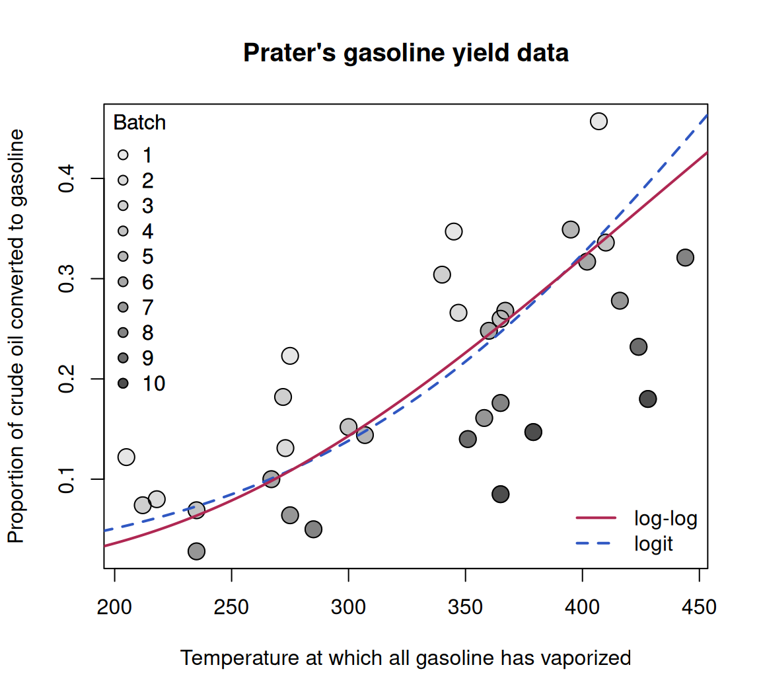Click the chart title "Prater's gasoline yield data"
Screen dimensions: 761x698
pos(406,53)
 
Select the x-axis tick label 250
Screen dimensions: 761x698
pos(231,607)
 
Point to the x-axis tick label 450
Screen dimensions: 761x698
pos(699,607)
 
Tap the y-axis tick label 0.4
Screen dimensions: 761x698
pos(66,178)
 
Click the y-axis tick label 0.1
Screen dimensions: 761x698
pos(66,479)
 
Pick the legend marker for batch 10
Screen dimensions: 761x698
pos(124,383)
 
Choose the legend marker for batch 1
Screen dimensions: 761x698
pos(124,155)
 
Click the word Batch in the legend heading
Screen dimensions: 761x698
pos(139,122)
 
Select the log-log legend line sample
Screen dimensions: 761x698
pos(596,518)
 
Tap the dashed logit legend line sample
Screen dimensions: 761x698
pos(596,543)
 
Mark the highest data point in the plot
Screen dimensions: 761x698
pos(599,121)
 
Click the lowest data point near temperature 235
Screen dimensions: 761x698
pos(196,551)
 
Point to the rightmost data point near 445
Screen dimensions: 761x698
pos(685,257)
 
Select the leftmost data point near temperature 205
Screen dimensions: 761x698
pos(126,457)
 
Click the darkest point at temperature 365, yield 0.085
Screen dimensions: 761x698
pos(500,494)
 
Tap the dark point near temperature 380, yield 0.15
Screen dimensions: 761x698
pos(533,432)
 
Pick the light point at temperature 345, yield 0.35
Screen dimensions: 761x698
pos(454,232)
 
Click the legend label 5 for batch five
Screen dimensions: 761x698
pos(147,256)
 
